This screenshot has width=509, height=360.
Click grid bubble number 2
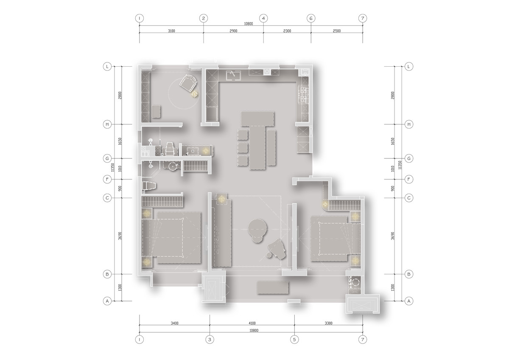click(x=203, y=18)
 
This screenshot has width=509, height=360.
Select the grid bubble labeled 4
click(x=263, y=18)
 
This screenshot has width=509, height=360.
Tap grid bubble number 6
click(x=311, y=18)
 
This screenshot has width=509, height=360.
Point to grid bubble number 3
click(x=210, y=340)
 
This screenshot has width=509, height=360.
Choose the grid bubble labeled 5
click(x=294, y=340)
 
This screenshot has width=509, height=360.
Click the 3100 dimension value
click(x=171, y=31)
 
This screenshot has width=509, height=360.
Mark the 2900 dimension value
click(x=233, y=31)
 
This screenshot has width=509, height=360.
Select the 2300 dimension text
click(x=287, y=31)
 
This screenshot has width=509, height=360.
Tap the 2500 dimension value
click(x=337, y=31)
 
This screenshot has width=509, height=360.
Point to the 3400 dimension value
click(x=174, y=323)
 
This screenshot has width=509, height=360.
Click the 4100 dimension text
click(x=252, y=323)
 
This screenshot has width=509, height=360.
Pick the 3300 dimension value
click(x=329, y=323)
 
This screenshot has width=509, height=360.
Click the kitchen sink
click(x=233, y=75)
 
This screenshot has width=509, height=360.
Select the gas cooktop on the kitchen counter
click(x=305, y=95)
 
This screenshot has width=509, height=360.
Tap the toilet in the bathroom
click(x=149, y=186)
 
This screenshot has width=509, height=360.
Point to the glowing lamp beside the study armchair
click(x=195, y=94)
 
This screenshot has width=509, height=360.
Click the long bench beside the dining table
click(x=271, y=147)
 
